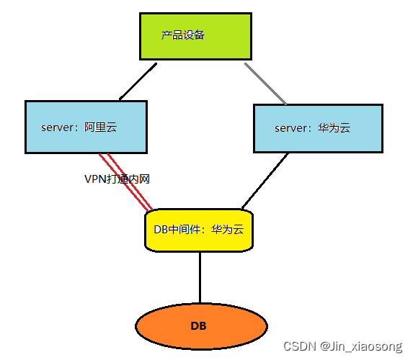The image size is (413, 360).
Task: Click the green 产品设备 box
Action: pyautogui.click(x=195, y=36)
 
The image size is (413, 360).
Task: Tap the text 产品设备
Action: pyautogui.click(x=183, y=35)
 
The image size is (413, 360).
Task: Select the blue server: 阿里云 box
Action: pyautogui.click(x=86, y=127)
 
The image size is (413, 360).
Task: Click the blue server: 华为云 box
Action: pyautogui.click(x=318, y=128)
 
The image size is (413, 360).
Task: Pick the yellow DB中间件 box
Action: pyautogui.click(x=199, y=230)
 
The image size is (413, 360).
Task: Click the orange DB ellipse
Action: pyautogui.click(x=202, y=326)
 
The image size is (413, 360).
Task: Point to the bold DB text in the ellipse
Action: pyautogui.click(x=198, y=326)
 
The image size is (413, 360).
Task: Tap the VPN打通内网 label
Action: pyautogui.click(x=117, y=179)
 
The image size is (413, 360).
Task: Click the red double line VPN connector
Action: pyautogui.click(x=126, y=182)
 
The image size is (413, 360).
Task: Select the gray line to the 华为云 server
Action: pyautogui.click(x=265, y=84)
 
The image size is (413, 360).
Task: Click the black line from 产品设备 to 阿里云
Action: pyautogui.click(x=138, y=81)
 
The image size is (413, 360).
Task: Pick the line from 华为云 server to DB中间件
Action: pyautogui.click(x=265, y=181)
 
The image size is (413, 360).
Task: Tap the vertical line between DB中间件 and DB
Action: pyautogui.click(x=200, y=278)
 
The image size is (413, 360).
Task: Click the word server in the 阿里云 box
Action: pyautogui.click(x=58, y=127)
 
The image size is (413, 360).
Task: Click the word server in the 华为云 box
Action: pyautogui.click(x=291, y=128)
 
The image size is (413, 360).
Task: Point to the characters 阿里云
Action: pyautogui.click(x=101, y=127)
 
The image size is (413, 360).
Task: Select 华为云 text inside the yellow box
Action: pyautogui.click(x=228, y=230)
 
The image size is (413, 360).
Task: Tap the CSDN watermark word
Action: pyautogui.click(x=300, y=346)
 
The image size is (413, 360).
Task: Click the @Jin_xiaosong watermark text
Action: pyautogui.click(x=361, y=346)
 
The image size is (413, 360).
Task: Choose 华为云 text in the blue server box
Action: pyautogui.click(x=334, y=128)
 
